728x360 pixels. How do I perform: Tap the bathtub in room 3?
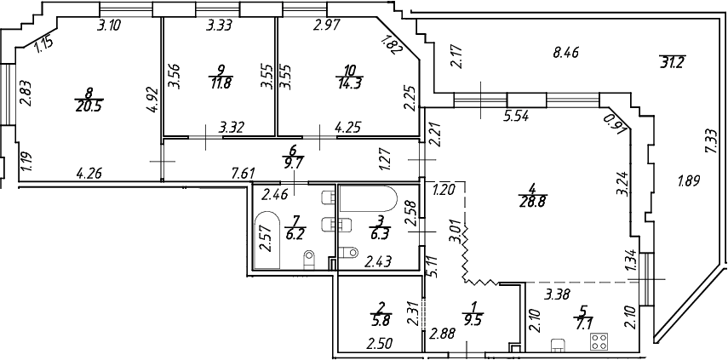coord(367,203)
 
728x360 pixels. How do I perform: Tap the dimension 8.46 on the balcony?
coord(566,51)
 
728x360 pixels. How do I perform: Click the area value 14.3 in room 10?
coord(349,83)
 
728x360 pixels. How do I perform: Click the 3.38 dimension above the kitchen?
coord(558,296)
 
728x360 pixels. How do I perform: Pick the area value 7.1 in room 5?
coord(583,323)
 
